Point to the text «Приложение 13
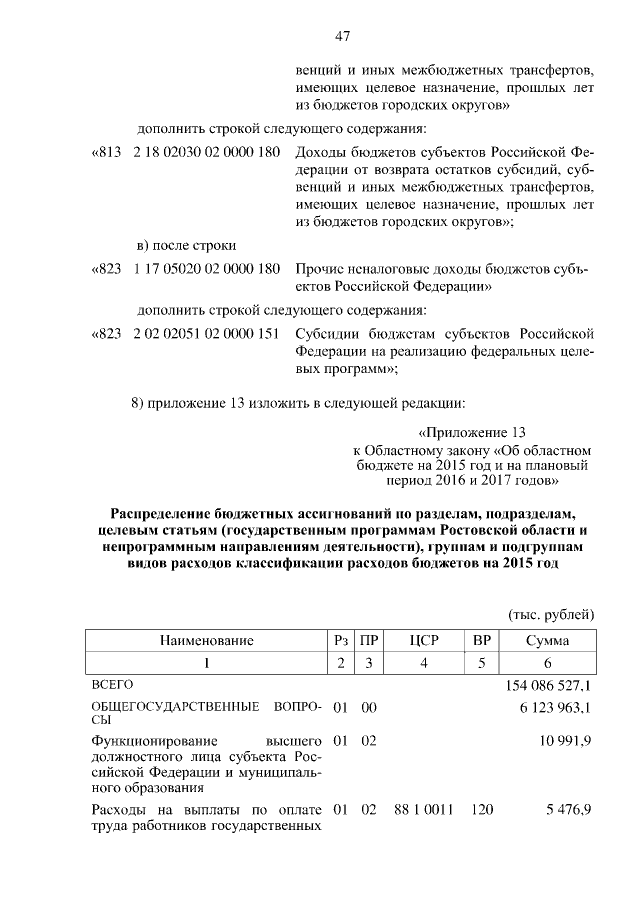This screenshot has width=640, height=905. point(472,433)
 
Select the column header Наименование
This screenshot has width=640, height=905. point(204,640)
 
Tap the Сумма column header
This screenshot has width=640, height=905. point(547,640)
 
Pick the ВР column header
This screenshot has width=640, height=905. point(482,640)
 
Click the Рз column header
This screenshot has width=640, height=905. point(340,640)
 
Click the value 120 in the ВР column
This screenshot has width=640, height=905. point(482,809)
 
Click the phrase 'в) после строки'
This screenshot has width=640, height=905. point(185,245)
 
